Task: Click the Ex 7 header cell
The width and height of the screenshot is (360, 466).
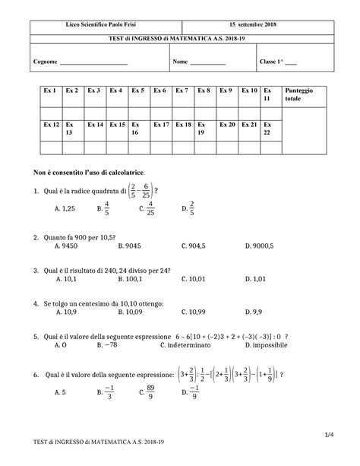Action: click(182, 90)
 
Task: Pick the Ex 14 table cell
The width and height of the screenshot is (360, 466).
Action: click(95, 123)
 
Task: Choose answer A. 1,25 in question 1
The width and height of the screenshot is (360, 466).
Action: click(65, 208)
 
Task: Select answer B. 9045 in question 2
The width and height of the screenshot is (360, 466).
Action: click(121, 246)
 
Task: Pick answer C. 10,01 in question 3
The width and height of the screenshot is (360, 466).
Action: click(194, 279)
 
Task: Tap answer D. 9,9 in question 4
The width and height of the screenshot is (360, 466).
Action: click(254, 312)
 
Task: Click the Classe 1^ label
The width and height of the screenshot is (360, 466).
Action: click(270, 62)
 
